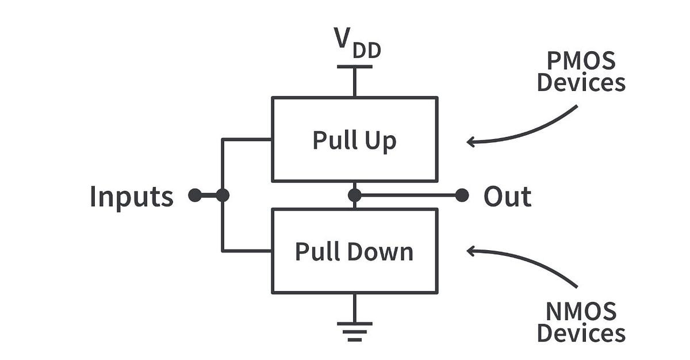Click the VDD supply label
pos(358,43)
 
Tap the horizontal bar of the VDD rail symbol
pos(355,67)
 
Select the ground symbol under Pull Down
pos(355,332)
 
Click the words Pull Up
pos(355,140)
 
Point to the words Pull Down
pos(354,252)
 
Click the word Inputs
pos(132,197)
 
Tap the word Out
pos(508,196)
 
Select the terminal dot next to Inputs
pos(195,196)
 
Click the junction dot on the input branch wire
pos(223,196)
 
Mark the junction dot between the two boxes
pos(355,196)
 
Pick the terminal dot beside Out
pos(462,196)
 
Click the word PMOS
pos(581,60)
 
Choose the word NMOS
pos(581,311)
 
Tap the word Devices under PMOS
pos(581,83)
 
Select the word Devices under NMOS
pos(581,333)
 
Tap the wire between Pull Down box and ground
pos(355,308)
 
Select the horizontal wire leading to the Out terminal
pos(408,196)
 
